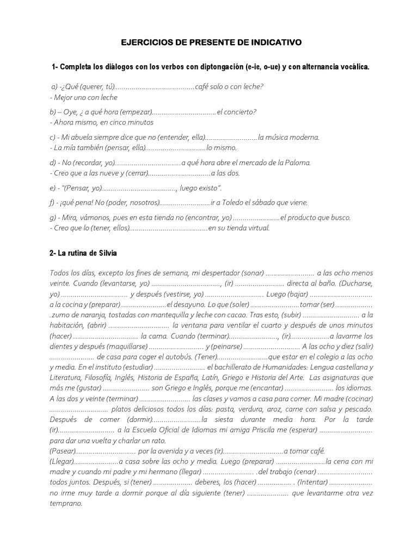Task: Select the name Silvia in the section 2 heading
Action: pos(106,253)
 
